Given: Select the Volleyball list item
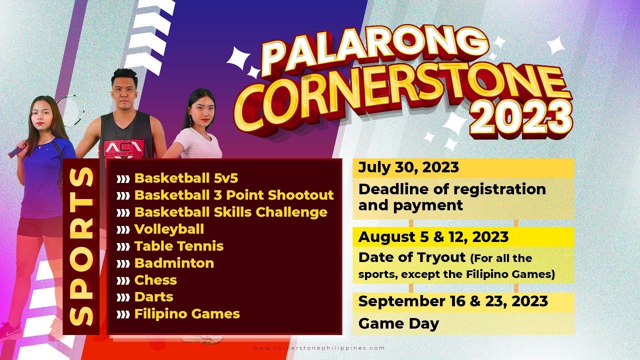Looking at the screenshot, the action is tap(169, 229).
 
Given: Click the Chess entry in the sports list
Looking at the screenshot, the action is tap(155, 280).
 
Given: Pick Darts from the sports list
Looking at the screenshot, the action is tap(153, 297).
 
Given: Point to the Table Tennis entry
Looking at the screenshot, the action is tap(179, 246).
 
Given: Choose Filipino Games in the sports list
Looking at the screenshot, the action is tap(187, 313).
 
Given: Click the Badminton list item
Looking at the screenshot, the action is tap(174, 263).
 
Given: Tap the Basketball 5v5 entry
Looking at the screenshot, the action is tap(186, 178).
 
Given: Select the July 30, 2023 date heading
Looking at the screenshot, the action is tap(408, 167).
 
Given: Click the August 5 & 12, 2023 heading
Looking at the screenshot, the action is tap(433, 237).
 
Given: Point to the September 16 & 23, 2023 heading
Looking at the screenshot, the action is tap(453, 301).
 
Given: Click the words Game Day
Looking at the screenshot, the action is tap(398, 323).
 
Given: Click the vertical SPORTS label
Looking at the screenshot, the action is tap(81, 246).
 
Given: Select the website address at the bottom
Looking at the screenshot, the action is tap(319, 348).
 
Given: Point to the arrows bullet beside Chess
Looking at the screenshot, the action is tap(123, 280).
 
